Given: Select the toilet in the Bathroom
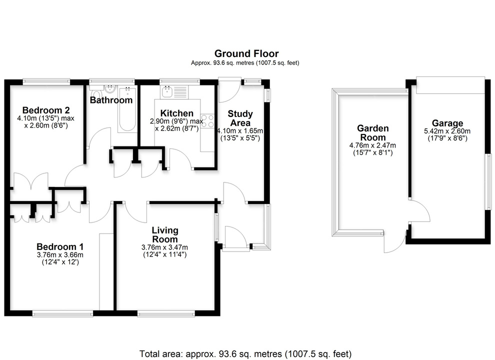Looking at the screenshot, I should pos(95,94).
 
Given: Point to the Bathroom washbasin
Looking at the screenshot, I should pos(111,90).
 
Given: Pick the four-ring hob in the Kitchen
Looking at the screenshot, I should pos(207,121).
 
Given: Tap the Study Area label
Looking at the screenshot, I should pos(240,118).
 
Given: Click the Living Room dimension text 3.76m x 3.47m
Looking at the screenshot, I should pos(165,247).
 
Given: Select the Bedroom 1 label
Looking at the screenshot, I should pos(60,246).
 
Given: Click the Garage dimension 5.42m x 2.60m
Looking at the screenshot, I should pos(447,131).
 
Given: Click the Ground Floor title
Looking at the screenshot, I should pos(246,53).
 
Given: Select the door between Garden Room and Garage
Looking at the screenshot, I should pos(417,210).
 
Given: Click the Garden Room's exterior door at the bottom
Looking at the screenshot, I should pos(393,242).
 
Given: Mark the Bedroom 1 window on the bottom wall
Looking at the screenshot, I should pos(63,313).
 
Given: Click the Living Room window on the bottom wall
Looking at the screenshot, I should pos(166,313).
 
